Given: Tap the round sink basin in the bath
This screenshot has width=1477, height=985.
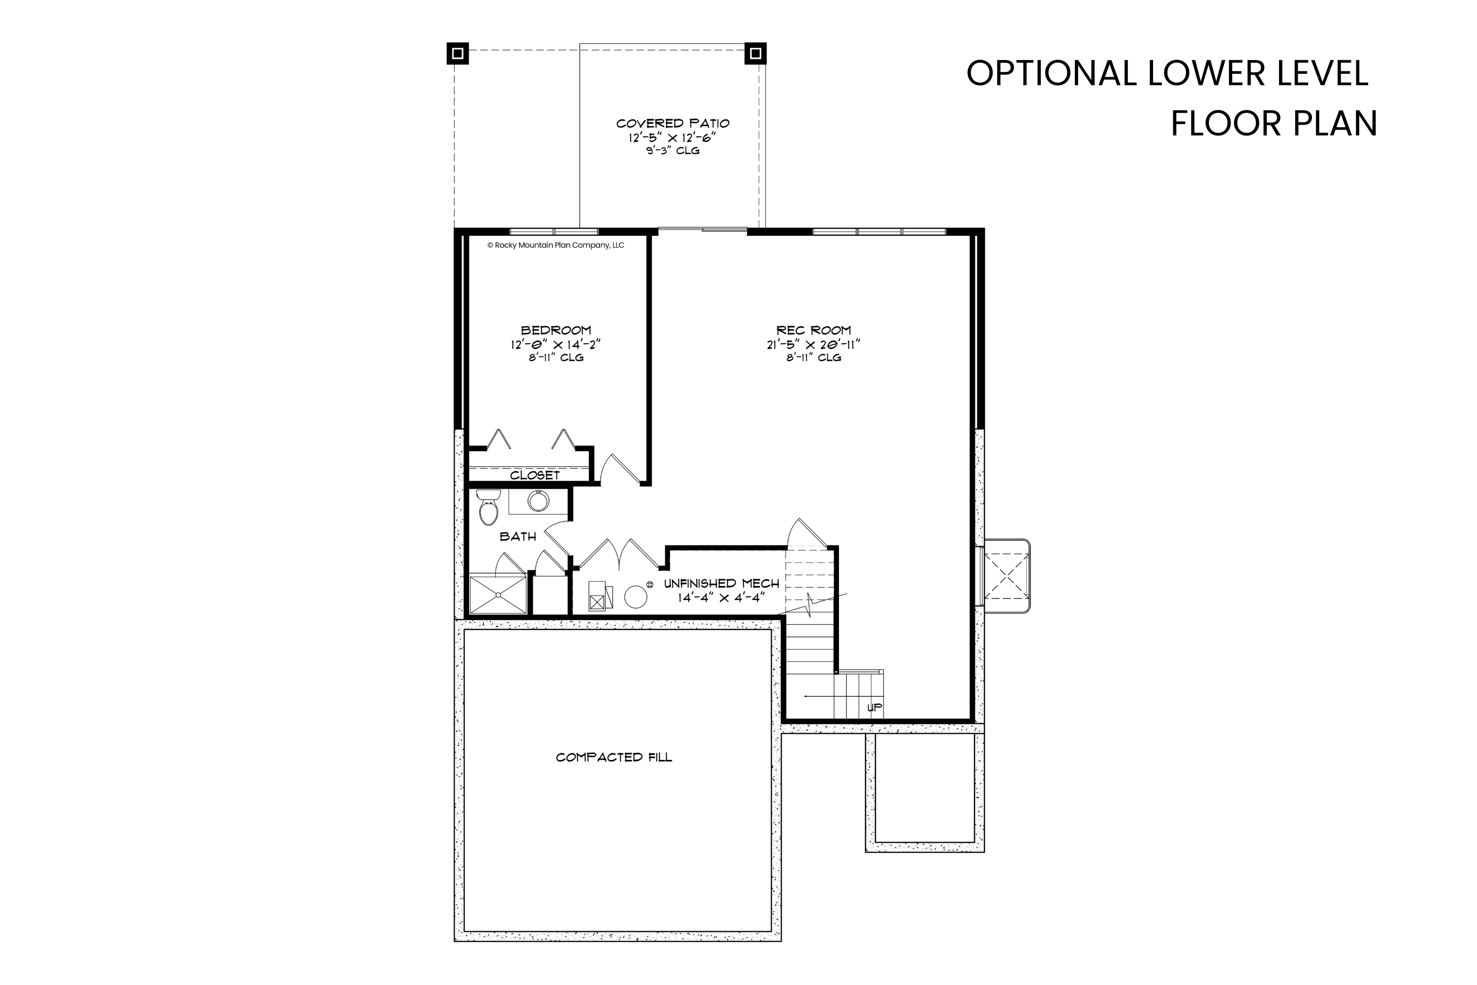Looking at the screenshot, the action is tap(538, 501).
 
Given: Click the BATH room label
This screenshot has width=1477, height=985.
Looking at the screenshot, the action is tap(518, 536).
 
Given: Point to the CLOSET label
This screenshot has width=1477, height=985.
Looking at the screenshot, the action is tap(534, 476).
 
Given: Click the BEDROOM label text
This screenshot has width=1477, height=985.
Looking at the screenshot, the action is tap(556, 330).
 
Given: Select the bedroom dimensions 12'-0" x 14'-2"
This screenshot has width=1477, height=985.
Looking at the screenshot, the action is tap(556, 344).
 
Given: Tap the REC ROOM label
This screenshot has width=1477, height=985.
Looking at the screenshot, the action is tap(813, 330).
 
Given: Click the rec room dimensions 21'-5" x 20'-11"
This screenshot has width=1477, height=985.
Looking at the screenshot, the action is tap(813, 344).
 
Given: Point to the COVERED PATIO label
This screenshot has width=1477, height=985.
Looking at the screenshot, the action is tap(673, 123).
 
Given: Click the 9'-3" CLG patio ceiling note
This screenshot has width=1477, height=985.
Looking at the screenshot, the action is tap(673, 151).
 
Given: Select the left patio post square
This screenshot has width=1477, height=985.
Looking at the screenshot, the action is tap(458, 53).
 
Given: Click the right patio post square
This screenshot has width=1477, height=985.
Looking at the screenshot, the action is tap(755, 53).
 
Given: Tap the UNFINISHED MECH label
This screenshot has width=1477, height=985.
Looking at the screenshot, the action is tap(722, 584).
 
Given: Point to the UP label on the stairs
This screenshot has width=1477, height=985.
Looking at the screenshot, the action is tap(874, 707).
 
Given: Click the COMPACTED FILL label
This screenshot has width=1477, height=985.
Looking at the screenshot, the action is tap(613, 757).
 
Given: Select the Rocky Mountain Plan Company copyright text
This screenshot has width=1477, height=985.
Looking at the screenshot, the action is tap(556, 246).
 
